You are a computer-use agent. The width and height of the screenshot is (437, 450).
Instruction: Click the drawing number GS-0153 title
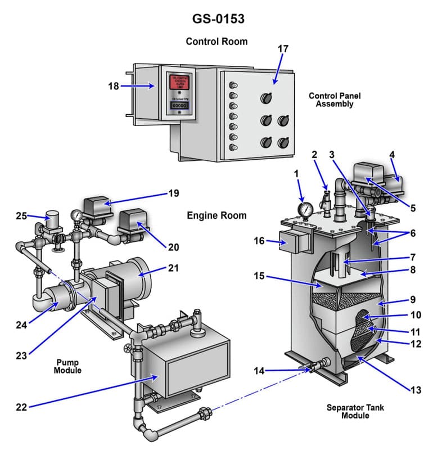click(218, 19)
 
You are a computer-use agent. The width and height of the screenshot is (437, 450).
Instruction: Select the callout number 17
click(283, 49)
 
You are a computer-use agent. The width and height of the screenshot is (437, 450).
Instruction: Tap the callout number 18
click(114, 86)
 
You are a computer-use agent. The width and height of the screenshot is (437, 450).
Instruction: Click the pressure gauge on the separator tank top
click(305, 210)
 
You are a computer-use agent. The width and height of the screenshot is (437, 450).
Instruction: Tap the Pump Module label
click(68, 366)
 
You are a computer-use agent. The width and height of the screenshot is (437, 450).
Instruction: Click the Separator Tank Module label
click(355, 411)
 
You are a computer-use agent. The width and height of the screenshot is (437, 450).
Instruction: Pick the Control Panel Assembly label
click(335, 100)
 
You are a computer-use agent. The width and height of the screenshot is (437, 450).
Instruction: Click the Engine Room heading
click(217, 215)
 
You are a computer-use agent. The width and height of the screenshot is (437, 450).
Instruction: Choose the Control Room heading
click(217, 42)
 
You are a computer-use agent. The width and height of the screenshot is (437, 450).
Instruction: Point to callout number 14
click(259, 371)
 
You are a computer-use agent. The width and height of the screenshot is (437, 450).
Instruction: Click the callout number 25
click(21, 216)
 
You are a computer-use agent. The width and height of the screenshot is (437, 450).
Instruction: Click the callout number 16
click(259, 241)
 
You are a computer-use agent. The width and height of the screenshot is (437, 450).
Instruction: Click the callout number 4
click(391, 154)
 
